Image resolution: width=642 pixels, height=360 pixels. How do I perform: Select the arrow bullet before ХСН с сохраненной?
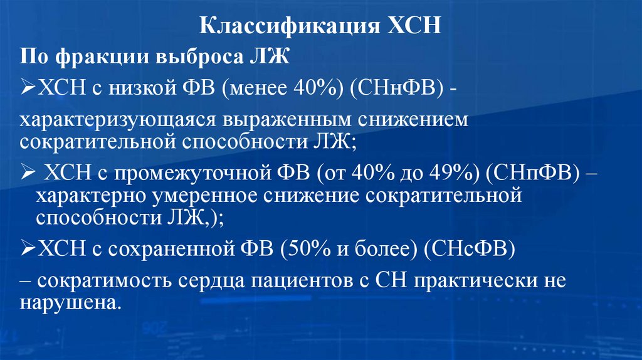pyautogui.click(x=29, y=250)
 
